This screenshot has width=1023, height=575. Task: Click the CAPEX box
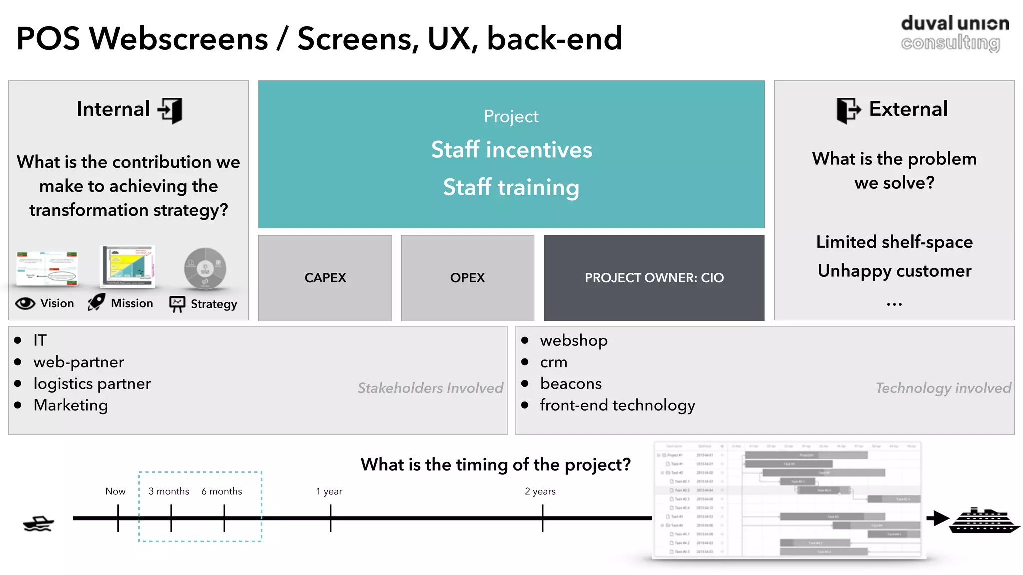pyautogui.click(x=325, y=278)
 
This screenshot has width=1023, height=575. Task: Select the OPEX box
pyautogui.click(x=467, y=278)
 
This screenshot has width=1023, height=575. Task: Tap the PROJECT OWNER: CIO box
pyautogui.click(x=654, y=278)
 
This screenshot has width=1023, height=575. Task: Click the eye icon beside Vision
pyautogui.click(x=25, y=303)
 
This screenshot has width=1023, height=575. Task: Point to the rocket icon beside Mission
pyautogui.click(x=96, y=302)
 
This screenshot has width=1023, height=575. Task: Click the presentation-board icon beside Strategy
pyautogui.click(x=177, y=303)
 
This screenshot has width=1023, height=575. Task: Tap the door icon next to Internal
pyautogui.click(x=171, y=110)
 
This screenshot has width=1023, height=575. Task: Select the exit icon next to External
pyautogui.click(x=848, y=110)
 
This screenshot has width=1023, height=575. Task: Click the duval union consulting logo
pyautogui.click(x=954, y=33)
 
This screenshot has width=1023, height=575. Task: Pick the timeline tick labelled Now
pyautogui.click(x=118, y=518)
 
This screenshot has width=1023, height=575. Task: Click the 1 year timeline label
pyautogui.click(x=329, y=491)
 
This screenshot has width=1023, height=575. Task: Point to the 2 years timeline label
pyautogui.click(x=540, y=491)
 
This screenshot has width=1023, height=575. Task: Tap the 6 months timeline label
pyautogui.click(x=222, y=491)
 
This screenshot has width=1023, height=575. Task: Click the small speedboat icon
pyautogui.click(x=38, y=523)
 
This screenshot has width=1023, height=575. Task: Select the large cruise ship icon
pyautogui.click(x=983, y=521)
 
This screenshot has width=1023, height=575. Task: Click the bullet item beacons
pyautogui.click(x=571, y=383)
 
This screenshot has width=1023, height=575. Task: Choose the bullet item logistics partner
pyautogui.click(x=92, y=383)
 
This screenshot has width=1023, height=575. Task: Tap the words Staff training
pyautogui.click(x=511, y=187)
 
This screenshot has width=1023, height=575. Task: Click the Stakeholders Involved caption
pyautogui.click(x=430, y=388)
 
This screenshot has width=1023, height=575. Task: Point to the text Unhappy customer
pyautogui.click(x=894, y=271)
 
